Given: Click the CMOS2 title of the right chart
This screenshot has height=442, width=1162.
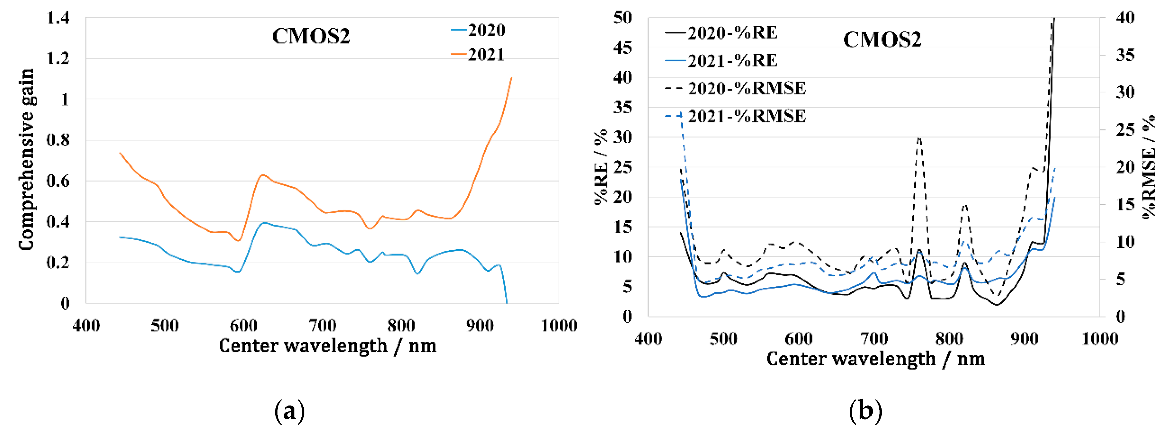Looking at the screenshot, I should click(x=882, y=40).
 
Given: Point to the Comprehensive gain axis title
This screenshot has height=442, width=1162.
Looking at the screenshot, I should click(x=26, y=159).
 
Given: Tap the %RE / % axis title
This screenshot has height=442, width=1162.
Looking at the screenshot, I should click(x=601, y=167).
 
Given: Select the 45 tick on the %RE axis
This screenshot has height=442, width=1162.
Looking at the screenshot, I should click(x=623, y=47).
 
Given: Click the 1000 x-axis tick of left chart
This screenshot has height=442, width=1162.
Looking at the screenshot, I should click(x=559, y=325).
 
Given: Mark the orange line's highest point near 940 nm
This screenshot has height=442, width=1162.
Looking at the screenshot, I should click(x=511, y=78).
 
